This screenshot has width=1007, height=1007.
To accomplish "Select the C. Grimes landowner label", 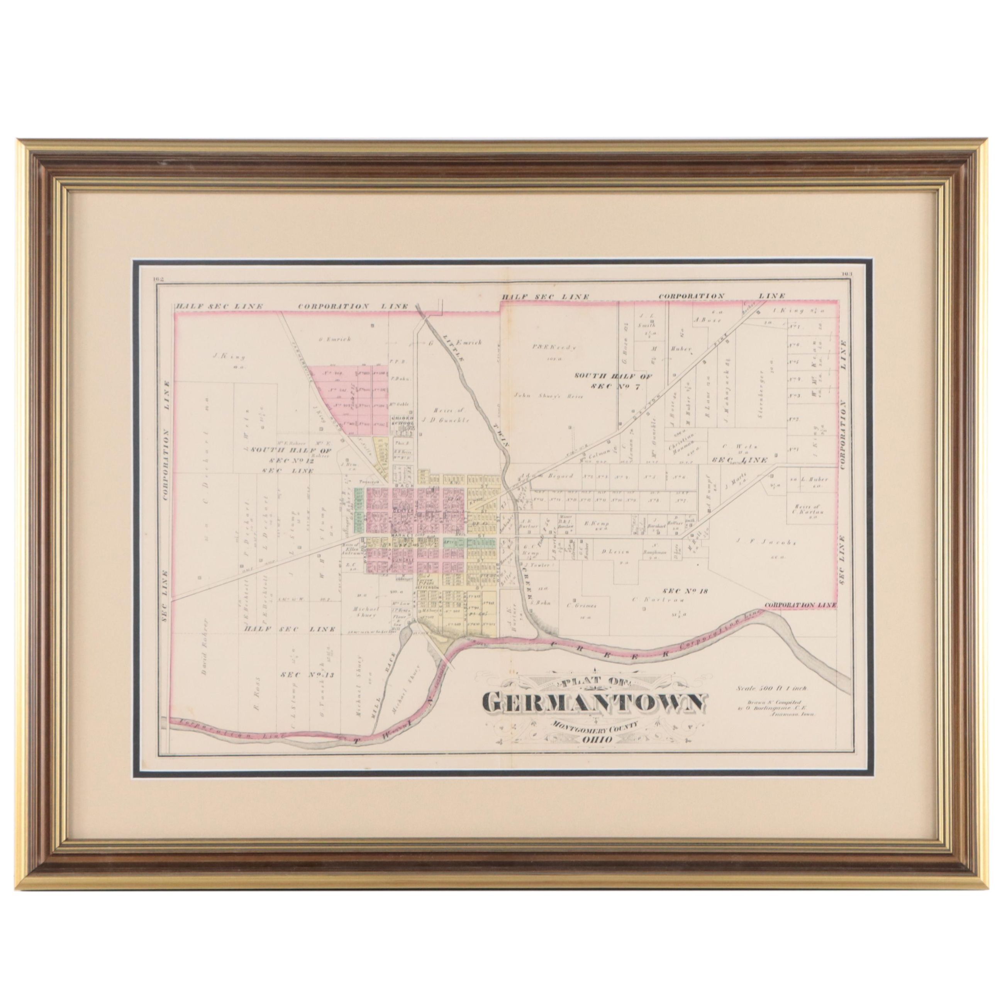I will click(581, 606).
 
